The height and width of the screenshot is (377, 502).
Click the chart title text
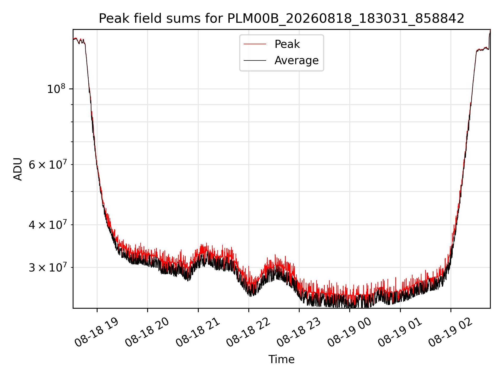pos(281,19)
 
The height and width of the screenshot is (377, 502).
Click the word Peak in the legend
pos(287,44)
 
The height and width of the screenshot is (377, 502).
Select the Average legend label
pos(296,60)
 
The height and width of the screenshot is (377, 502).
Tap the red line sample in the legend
pos(255,44)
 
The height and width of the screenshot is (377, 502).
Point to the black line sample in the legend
pos(255,60)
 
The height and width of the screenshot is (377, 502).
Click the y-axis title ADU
pos(18,169)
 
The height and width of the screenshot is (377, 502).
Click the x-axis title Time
pos(281,359)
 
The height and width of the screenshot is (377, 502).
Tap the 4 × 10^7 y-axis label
pos(48,224)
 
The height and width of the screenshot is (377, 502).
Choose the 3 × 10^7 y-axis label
pos(48,267)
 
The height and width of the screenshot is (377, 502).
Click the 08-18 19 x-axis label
pos(97,332)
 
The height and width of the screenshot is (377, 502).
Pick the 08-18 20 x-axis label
pos(147,332)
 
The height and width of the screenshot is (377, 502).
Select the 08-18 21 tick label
pos(198,332)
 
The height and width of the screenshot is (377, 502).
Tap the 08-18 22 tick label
pos(248,332)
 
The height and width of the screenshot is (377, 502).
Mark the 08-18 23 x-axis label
pos(299,332)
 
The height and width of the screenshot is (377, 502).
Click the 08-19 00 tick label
pos(350,332)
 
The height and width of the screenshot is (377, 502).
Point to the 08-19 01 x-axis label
pos(400,332)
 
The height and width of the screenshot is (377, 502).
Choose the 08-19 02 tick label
pos(450,332)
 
